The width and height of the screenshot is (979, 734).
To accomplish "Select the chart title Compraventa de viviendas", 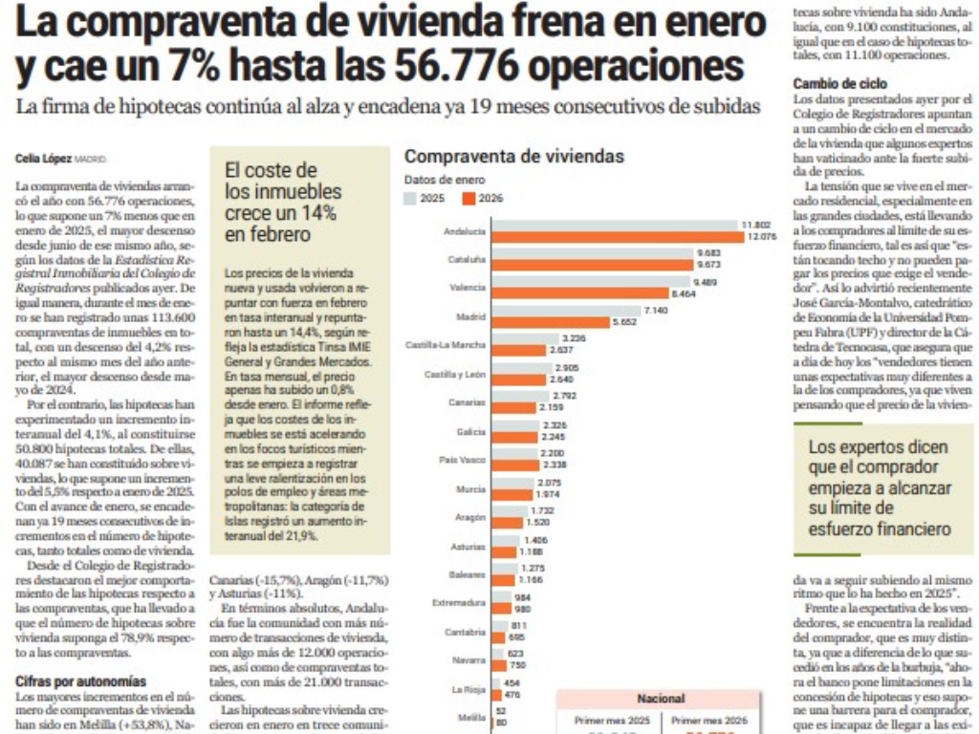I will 514,156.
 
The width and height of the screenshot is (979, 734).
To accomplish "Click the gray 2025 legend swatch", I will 411,198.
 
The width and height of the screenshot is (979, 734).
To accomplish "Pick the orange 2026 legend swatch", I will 468,198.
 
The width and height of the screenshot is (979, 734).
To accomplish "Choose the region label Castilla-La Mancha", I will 446,345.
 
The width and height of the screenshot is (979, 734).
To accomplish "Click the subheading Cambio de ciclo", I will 840,84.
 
